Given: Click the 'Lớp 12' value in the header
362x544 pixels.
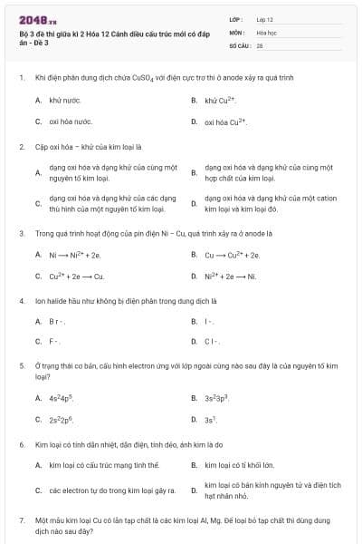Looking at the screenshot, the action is pos(264,19).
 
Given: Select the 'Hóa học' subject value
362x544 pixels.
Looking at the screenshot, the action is pos(266,31).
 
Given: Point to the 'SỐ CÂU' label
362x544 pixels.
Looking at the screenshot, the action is pos(239,44).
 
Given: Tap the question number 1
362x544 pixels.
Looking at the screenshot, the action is pos(21,78).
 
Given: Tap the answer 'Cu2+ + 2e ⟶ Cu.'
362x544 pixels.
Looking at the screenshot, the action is pos(77,277).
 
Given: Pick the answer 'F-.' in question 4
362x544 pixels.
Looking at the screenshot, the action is pos(55,342).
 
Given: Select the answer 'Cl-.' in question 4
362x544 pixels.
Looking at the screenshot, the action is pos(212,342).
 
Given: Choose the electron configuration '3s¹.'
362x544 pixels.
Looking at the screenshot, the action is pos(211,420).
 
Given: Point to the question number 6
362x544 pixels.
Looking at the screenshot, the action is pos(21,445).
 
